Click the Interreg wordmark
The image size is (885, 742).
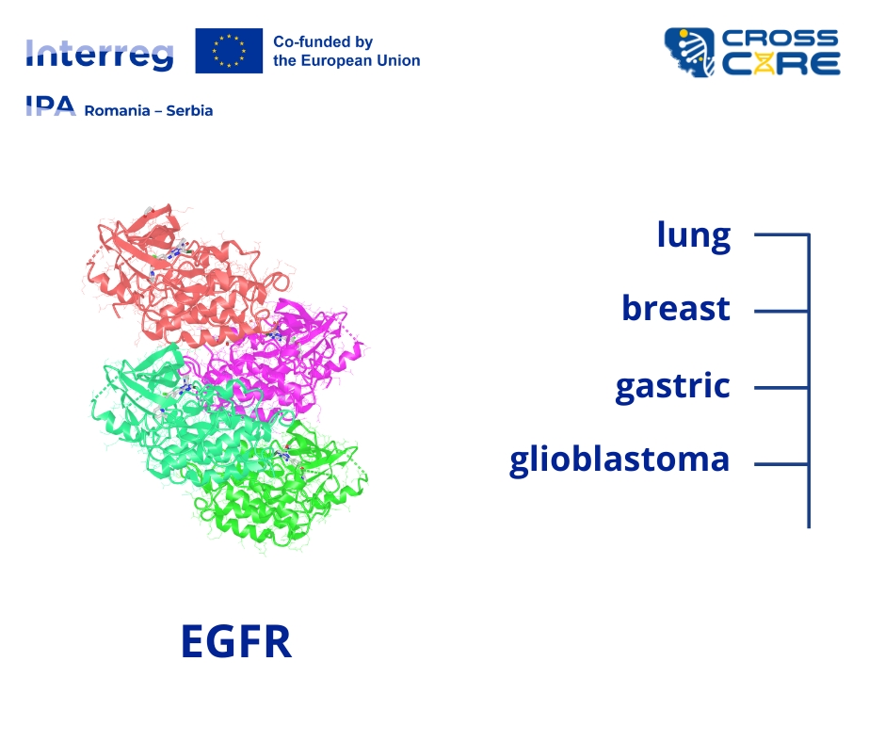pyautogui.click(x=100, y=55)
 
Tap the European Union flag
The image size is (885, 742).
pyautogui.click(x=229, y=51)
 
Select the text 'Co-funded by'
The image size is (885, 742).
pyautogui.click(x=323, y=41)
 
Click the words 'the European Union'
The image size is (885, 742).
pyautogui.click(x=346, y=60)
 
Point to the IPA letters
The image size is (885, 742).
pyautogui.click(x=51, y=105)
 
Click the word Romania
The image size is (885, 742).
pyautogui.click(x=117, y=111)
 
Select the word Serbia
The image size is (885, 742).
pyautogui.click(x=189, y=111)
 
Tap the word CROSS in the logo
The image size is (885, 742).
pyautogui.click(x=780, y=39)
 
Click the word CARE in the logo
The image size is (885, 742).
pyautogui.click(x=781, y=64)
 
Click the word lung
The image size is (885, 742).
pyautogui.click(x=694, y=235)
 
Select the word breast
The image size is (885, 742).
pyautogui.click(x=676, y=308)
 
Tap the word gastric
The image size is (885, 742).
pyautogui.click(x=672, y=387)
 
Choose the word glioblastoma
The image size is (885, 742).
pyautogui.click(x=619, y=460)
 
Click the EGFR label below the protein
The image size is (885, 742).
pyautogui.click(x=236, y=641)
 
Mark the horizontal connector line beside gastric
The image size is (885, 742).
pyautogui.click(x=781, y=388)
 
